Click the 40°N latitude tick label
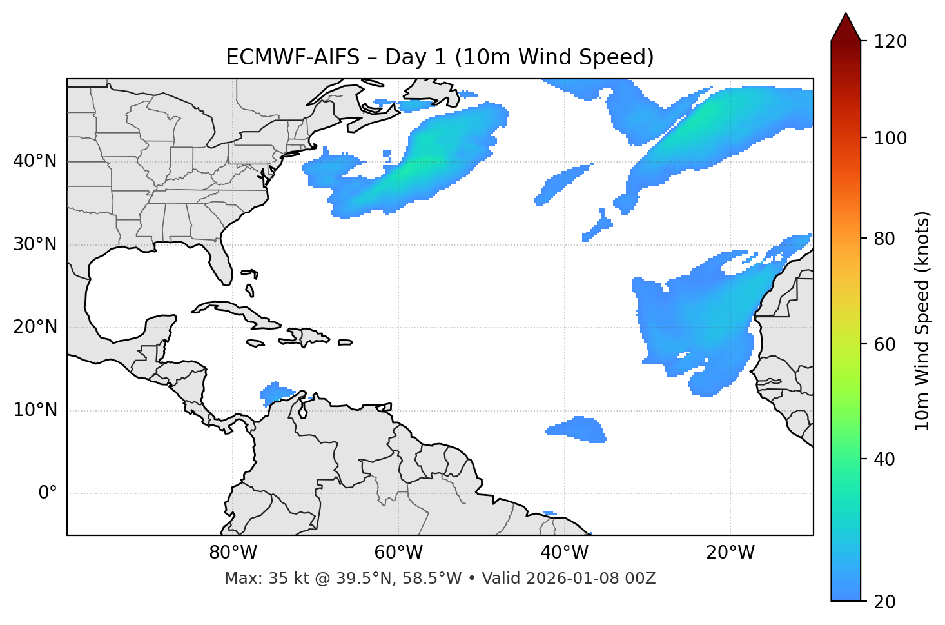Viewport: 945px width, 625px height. (35, 161)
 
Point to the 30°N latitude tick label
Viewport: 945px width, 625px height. (35, 244)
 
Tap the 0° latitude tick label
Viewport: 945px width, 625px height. (47, 493)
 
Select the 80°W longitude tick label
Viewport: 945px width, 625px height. (233, 553)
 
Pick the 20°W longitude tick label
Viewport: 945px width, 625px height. (730, 553)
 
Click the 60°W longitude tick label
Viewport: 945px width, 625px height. (398, 553)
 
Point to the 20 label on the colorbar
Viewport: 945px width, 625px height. (886, 602)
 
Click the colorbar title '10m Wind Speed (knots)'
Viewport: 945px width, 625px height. (922, 321)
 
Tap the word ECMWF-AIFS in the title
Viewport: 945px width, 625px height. (293, 57)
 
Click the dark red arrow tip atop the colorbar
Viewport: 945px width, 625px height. (846, 26)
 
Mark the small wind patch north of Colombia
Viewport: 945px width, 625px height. (276, 392)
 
